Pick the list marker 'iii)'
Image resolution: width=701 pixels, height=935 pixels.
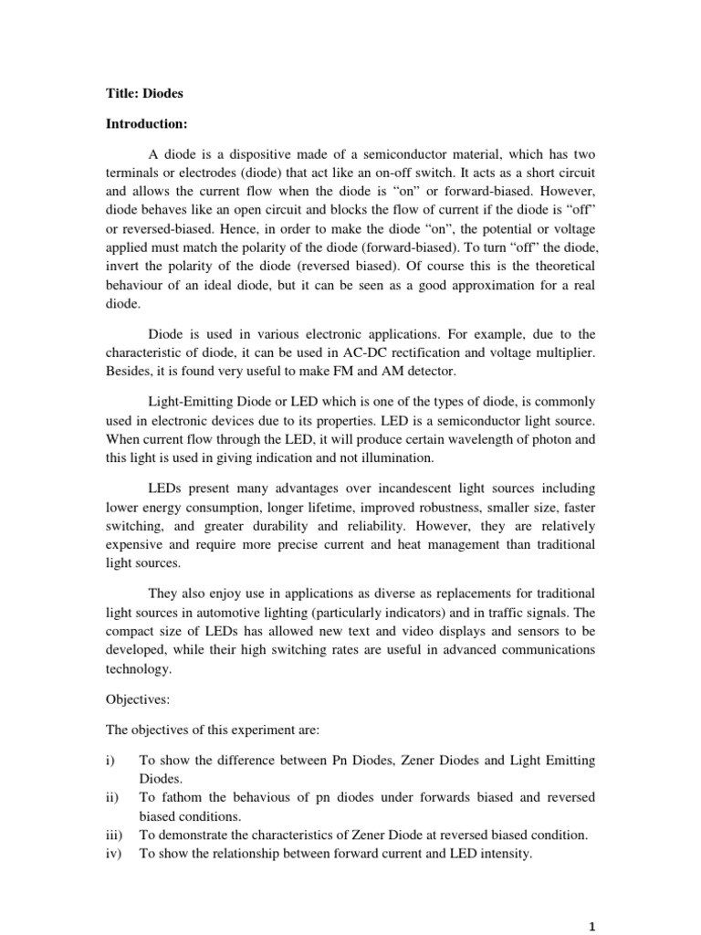pos(115,834)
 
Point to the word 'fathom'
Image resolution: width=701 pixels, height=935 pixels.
pos(176,796)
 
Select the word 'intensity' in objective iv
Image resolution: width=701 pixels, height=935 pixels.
pos(528,854)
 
